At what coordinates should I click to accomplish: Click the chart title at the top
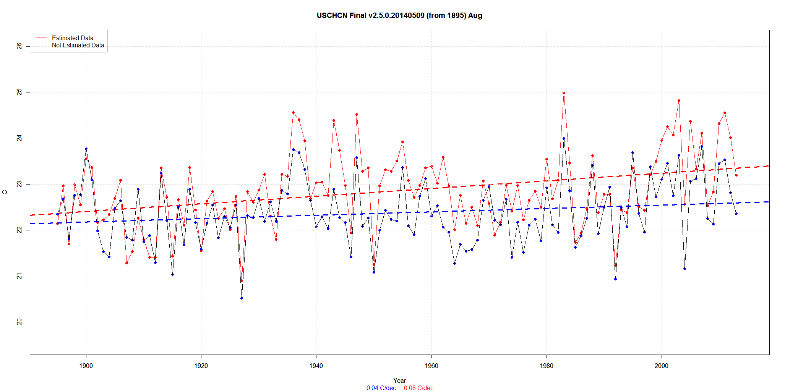coord(399,16)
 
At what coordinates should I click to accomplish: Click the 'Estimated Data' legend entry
coord(73,38)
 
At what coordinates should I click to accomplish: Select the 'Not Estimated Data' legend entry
coord(78,45)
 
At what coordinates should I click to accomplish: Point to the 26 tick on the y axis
coord(19,46)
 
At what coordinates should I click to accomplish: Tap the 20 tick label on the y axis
coord(19,322)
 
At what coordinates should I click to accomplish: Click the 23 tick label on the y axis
coord(19,184)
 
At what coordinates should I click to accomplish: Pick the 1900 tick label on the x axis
coord(86,366)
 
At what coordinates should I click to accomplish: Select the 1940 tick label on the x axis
coord(316,366)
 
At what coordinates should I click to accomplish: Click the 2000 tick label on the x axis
coord(662,366)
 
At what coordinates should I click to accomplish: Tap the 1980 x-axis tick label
coord(547,366)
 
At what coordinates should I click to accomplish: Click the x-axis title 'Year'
coord(399,381)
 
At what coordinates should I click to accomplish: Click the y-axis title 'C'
coord(5,192)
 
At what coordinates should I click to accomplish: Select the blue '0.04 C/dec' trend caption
coord(381,388)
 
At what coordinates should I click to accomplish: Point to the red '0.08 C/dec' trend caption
coord(418,388)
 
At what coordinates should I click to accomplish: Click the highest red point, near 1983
coord(564,93)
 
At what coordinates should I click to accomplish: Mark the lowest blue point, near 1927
coord(242,298)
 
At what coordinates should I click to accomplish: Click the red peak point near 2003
coord(679,101)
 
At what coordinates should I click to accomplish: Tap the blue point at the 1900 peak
coord(86,149)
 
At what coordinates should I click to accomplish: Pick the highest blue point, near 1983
coord(564,138)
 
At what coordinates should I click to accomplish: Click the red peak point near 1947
coord(357,114)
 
